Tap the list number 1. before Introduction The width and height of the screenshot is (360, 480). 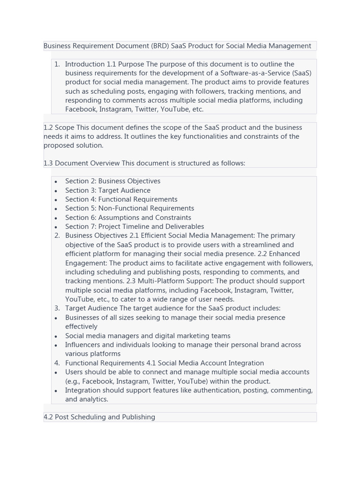[57, 64]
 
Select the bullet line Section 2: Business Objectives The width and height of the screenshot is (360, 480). [112, 181]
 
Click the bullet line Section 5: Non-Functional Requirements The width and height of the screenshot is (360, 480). [129, 208]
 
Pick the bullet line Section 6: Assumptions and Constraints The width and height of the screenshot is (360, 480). [128, 217]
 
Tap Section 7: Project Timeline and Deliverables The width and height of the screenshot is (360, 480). [135, 226]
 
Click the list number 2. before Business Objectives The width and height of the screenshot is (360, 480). [57, 235]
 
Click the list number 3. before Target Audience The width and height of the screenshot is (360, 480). [57, 308]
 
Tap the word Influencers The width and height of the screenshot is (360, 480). [82, 345]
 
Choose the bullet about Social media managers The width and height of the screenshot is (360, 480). [148, 336]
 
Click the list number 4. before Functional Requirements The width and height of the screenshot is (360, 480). [57, 363]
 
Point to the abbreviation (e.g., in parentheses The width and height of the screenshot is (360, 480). [73, 381]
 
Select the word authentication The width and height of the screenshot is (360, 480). [208, 390]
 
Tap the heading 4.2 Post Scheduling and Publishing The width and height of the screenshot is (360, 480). [99, 417]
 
